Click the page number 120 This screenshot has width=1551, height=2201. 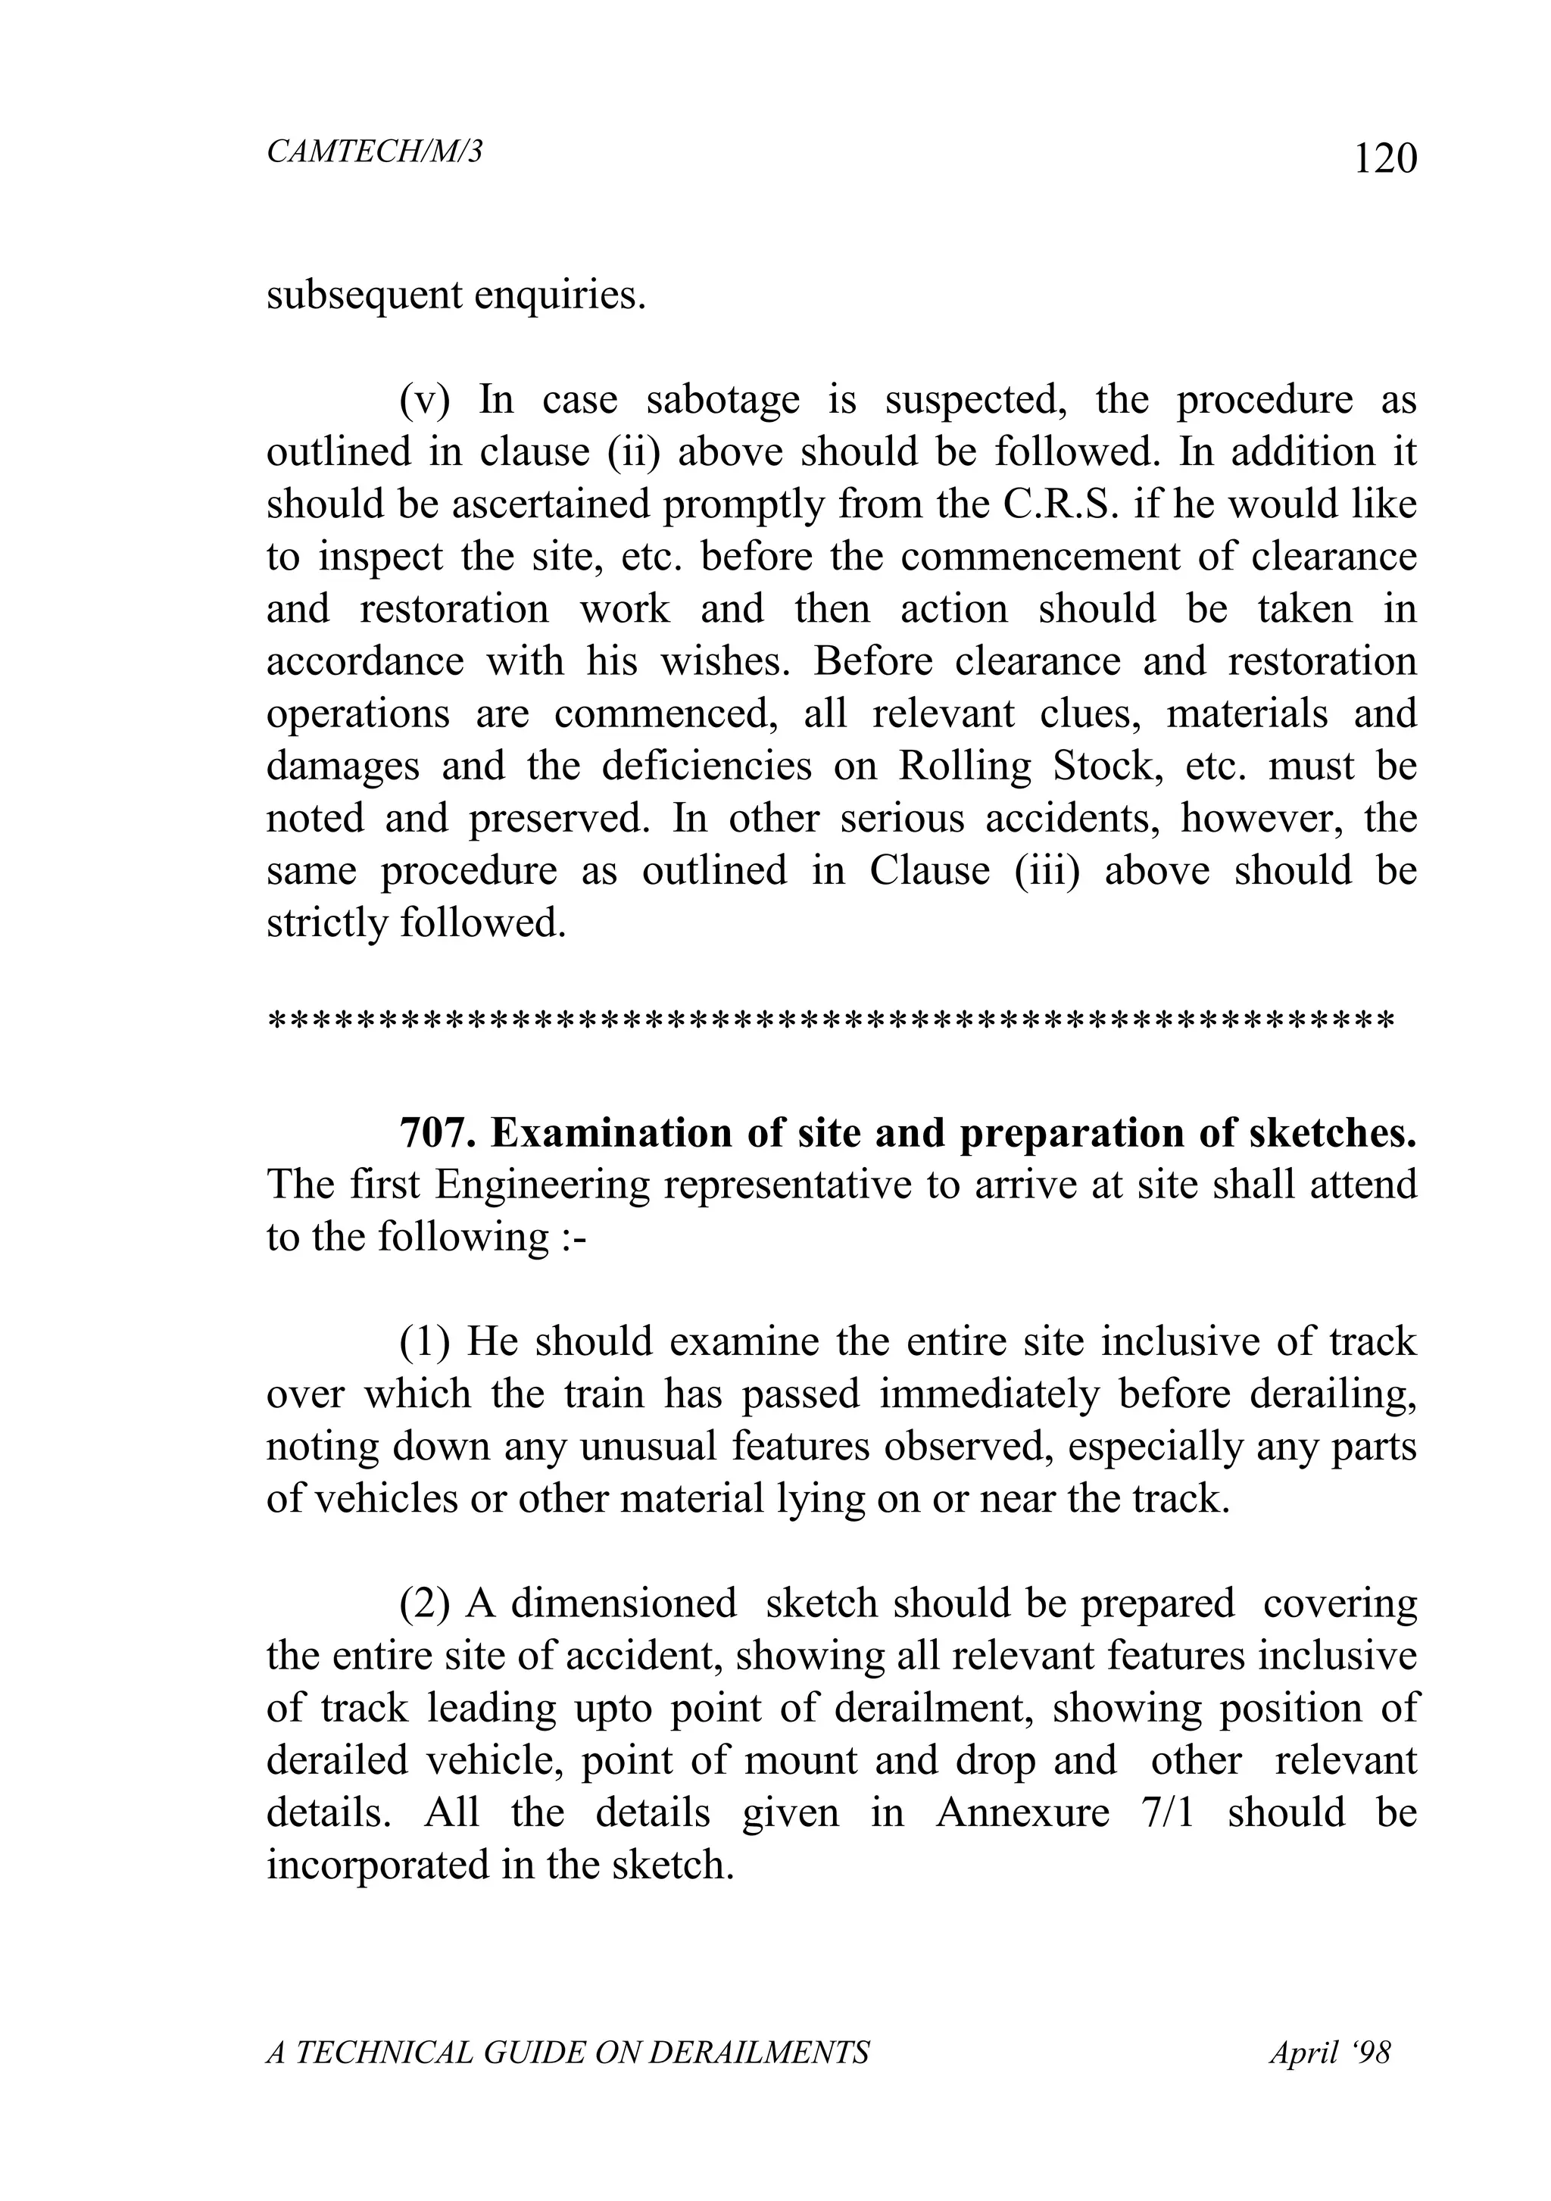(x=1384, y=159)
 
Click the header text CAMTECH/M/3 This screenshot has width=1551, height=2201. (x=374, y=151)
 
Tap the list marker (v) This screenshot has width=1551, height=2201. (x=423, y=400)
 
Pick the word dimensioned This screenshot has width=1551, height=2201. (x=623, y=1603)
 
